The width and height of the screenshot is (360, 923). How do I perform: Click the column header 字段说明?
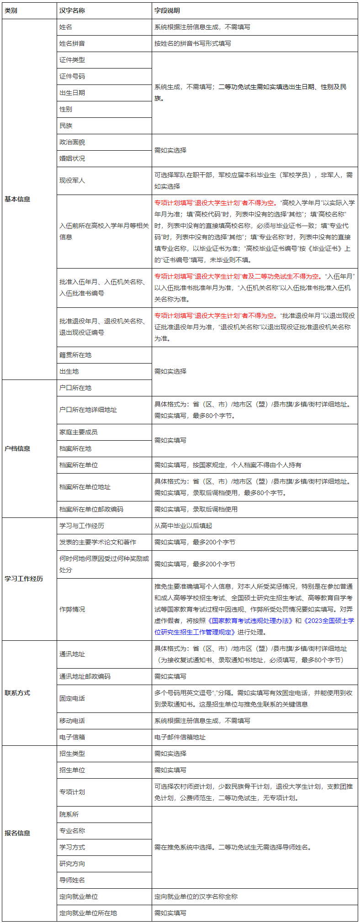click(x=167, y=11)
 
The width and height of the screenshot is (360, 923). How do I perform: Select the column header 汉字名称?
click(x=72, y=11)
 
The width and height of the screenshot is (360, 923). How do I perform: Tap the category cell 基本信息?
click(x=17, y=199)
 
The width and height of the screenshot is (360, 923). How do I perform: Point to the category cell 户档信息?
click(x=17, y=448)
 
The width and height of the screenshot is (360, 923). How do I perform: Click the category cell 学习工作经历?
click(x=24, y=579)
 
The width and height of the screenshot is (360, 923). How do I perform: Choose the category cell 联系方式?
click(x=17, y=693)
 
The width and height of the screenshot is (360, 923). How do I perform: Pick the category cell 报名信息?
click(x=17, y=833)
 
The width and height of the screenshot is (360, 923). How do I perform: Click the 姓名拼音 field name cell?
click(x=72, y=43)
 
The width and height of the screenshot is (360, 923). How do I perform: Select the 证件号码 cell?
click(x=72, y=76)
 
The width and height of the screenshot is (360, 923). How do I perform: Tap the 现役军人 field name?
click(x=72, y=180)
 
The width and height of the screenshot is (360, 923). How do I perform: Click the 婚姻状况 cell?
click(x=72, y=158)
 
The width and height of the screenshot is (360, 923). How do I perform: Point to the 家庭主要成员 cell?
click(x=79, y=432)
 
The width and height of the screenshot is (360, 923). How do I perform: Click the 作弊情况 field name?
click(x=72, y=609)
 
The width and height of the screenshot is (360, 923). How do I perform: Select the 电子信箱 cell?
click(x=72, y=737)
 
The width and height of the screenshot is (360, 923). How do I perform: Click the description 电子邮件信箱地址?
click(x=180, y=737)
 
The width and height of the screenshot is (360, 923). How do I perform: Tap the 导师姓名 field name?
click(x=72, y=880)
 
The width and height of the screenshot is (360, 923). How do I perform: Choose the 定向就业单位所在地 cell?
click(x=88, y=913)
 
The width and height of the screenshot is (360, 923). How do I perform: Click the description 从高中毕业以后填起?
click(x=183, y=526)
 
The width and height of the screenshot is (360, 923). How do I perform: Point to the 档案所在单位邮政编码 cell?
click(x=91, y=509)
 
